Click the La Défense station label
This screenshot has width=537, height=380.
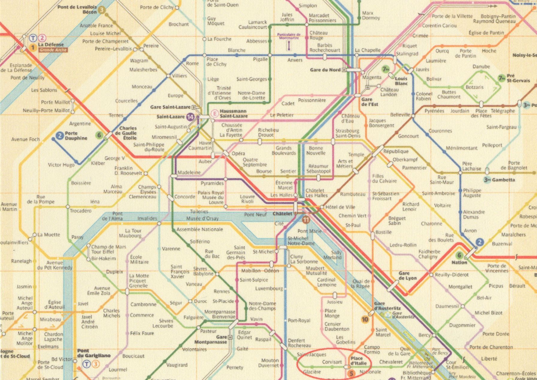coord(51,45)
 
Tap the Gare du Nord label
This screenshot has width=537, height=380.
coord(325,70)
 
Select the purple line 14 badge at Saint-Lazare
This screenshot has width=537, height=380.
coord(190,117)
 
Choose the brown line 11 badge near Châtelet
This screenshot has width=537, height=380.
coord(306,219)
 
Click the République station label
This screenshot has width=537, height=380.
coord(396,151)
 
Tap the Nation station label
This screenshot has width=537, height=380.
coord(459,263)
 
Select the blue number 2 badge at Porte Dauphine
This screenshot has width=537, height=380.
coord(60,136)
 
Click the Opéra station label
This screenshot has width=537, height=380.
coord(238,153)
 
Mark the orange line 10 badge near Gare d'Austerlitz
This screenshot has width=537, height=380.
coord(365,320)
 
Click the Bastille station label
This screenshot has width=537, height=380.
coord(383,232)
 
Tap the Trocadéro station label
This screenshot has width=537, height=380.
coord(80,211)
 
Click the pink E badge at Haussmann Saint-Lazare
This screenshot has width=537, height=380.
coord(214,113)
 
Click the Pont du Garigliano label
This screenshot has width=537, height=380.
coord(94,353)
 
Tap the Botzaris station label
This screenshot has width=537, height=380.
coord(474,87)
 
